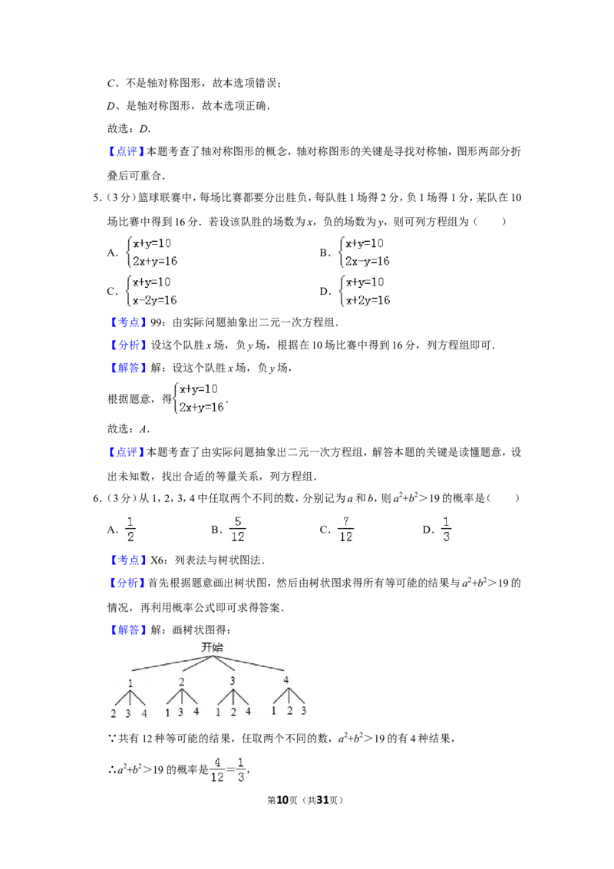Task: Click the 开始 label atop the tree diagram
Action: click(x=213, y=647)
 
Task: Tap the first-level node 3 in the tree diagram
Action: click(x=233, y=681)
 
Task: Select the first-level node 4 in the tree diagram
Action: click(x=286, y=680)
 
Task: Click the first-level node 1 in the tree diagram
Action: click(x=130, y=682)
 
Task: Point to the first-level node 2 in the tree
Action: click(x=181, y=682)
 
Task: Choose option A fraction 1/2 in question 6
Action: click(x=130, y=529)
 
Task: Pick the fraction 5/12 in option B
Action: click(x=238, y=529)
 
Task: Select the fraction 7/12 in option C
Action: click(x=346, y=529)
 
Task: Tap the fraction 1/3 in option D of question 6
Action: click(x=446, y=529)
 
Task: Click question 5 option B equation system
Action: click(x=365, y=252)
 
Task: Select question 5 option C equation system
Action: click(x=152, y=291)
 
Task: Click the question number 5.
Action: click(x=97, y=198)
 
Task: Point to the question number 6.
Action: click(x=97, y=498)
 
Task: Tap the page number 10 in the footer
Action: click(x=282, y=800)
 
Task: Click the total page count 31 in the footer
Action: click(x=322, y=800)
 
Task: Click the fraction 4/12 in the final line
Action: click(x=217, y=770)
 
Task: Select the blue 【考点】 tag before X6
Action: click(x=127, y=560)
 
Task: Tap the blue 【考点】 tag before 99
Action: click(x=127, y=322)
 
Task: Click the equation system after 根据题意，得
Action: click(x=199, y=398)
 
